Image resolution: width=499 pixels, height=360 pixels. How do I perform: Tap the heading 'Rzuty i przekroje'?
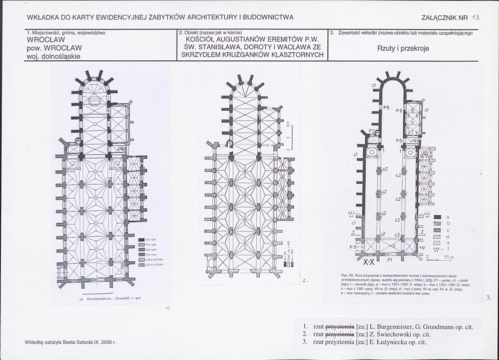(x=403, y=48)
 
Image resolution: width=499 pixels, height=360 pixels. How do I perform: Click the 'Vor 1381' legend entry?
(x=150, y=239)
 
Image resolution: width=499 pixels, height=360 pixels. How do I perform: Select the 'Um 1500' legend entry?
(x=150, y=254)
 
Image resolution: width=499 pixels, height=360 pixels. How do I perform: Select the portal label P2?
(x=372, y=131)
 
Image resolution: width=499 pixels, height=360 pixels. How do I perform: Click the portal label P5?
(x=399, y=141)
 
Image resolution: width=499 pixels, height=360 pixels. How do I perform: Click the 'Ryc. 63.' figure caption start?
(x=348, y=276)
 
